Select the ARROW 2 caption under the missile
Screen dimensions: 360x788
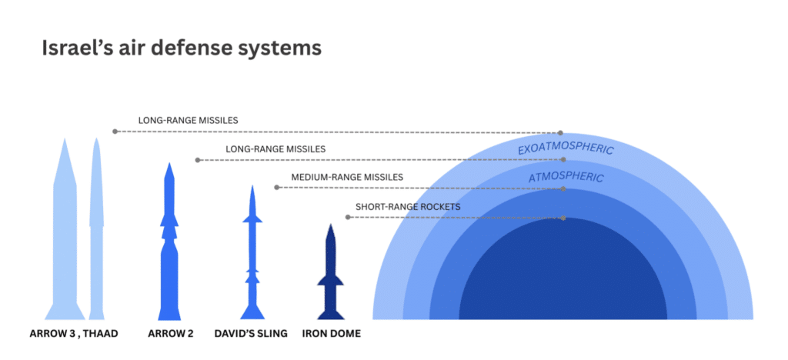pyautogui.click(x=171, y=334)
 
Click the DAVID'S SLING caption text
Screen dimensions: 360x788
pyautogui.click(x=251, y=334)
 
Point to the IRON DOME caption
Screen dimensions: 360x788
pyautogui.click(x=332, y=334)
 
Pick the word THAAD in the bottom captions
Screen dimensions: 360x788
pyautogui.click(x=101, y=334)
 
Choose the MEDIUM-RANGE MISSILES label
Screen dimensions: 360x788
pyautogui.click(x=347, y=177)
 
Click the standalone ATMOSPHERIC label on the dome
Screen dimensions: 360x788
pyautogui.click(x=566, y=178)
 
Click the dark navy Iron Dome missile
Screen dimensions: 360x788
pyautogui.click(x=331, y=277)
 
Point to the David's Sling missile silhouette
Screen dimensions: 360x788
pyautogui.click(x=252, y=254)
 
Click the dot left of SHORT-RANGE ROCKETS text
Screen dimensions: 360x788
pyautogui.click(x=349, y=218)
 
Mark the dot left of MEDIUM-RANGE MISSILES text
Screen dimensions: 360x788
pyautogui.click(x=277, y=188)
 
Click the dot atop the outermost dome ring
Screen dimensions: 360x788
pyautogui.click(x=561, y=133)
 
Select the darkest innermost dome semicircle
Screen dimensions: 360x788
pyautogui.click(x=563, y=277)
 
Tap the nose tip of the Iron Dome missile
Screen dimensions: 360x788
pyautogui.click(x=331, y=225)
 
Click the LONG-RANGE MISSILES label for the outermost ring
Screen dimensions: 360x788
pyautogui.click(x=188, y=121)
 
